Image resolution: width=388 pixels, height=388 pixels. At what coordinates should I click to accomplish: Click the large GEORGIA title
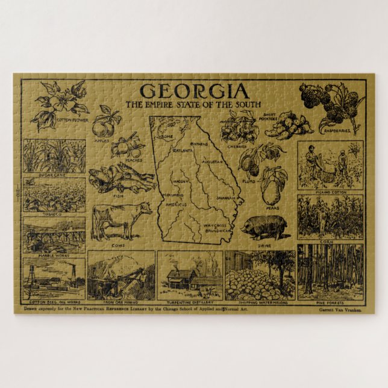194,91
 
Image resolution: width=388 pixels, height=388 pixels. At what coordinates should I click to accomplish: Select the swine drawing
265,227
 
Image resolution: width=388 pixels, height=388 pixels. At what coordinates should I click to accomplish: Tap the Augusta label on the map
213,163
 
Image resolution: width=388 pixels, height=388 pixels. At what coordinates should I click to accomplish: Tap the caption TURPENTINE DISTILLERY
190,302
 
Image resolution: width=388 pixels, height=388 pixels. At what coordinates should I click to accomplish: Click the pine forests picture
330,271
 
